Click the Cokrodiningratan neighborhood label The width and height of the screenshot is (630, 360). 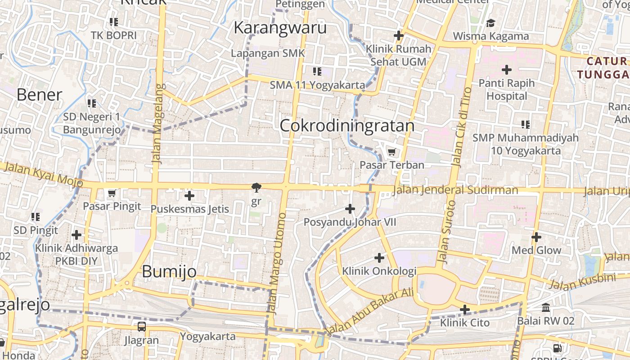tap(347, 126)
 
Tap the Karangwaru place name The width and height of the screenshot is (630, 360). tap(280, 28)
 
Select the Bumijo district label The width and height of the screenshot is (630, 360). tap(169, 271)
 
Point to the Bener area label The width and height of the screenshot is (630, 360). tap(39, 94)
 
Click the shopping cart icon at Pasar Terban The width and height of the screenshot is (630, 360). tap(391, 152)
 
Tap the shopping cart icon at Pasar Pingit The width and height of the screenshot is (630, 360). tap(112, 193)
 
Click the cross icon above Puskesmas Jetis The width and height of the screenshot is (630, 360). tap(189, 196)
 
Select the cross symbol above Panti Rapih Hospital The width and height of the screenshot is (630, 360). tap(507, 70)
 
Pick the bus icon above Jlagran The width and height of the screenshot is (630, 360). tap(142, 327)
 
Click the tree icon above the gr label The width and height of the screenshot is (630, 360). tap(256, 187)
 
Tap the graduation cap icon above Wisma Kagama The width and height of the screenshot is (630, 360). tap(490, 22)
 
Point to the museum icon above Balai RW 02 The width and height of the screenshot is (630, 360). tap(546, 308)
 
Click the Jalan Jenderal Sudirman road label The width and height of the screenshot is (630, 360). tap(455, 190)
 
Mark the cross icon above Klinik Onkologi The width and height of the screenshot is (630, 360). tap(379, 258)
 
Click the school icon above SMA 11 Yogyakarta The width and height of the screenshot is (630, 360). tap(317, 71)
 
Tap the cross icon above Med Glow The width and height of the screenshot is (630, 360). tap(536, 237)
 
